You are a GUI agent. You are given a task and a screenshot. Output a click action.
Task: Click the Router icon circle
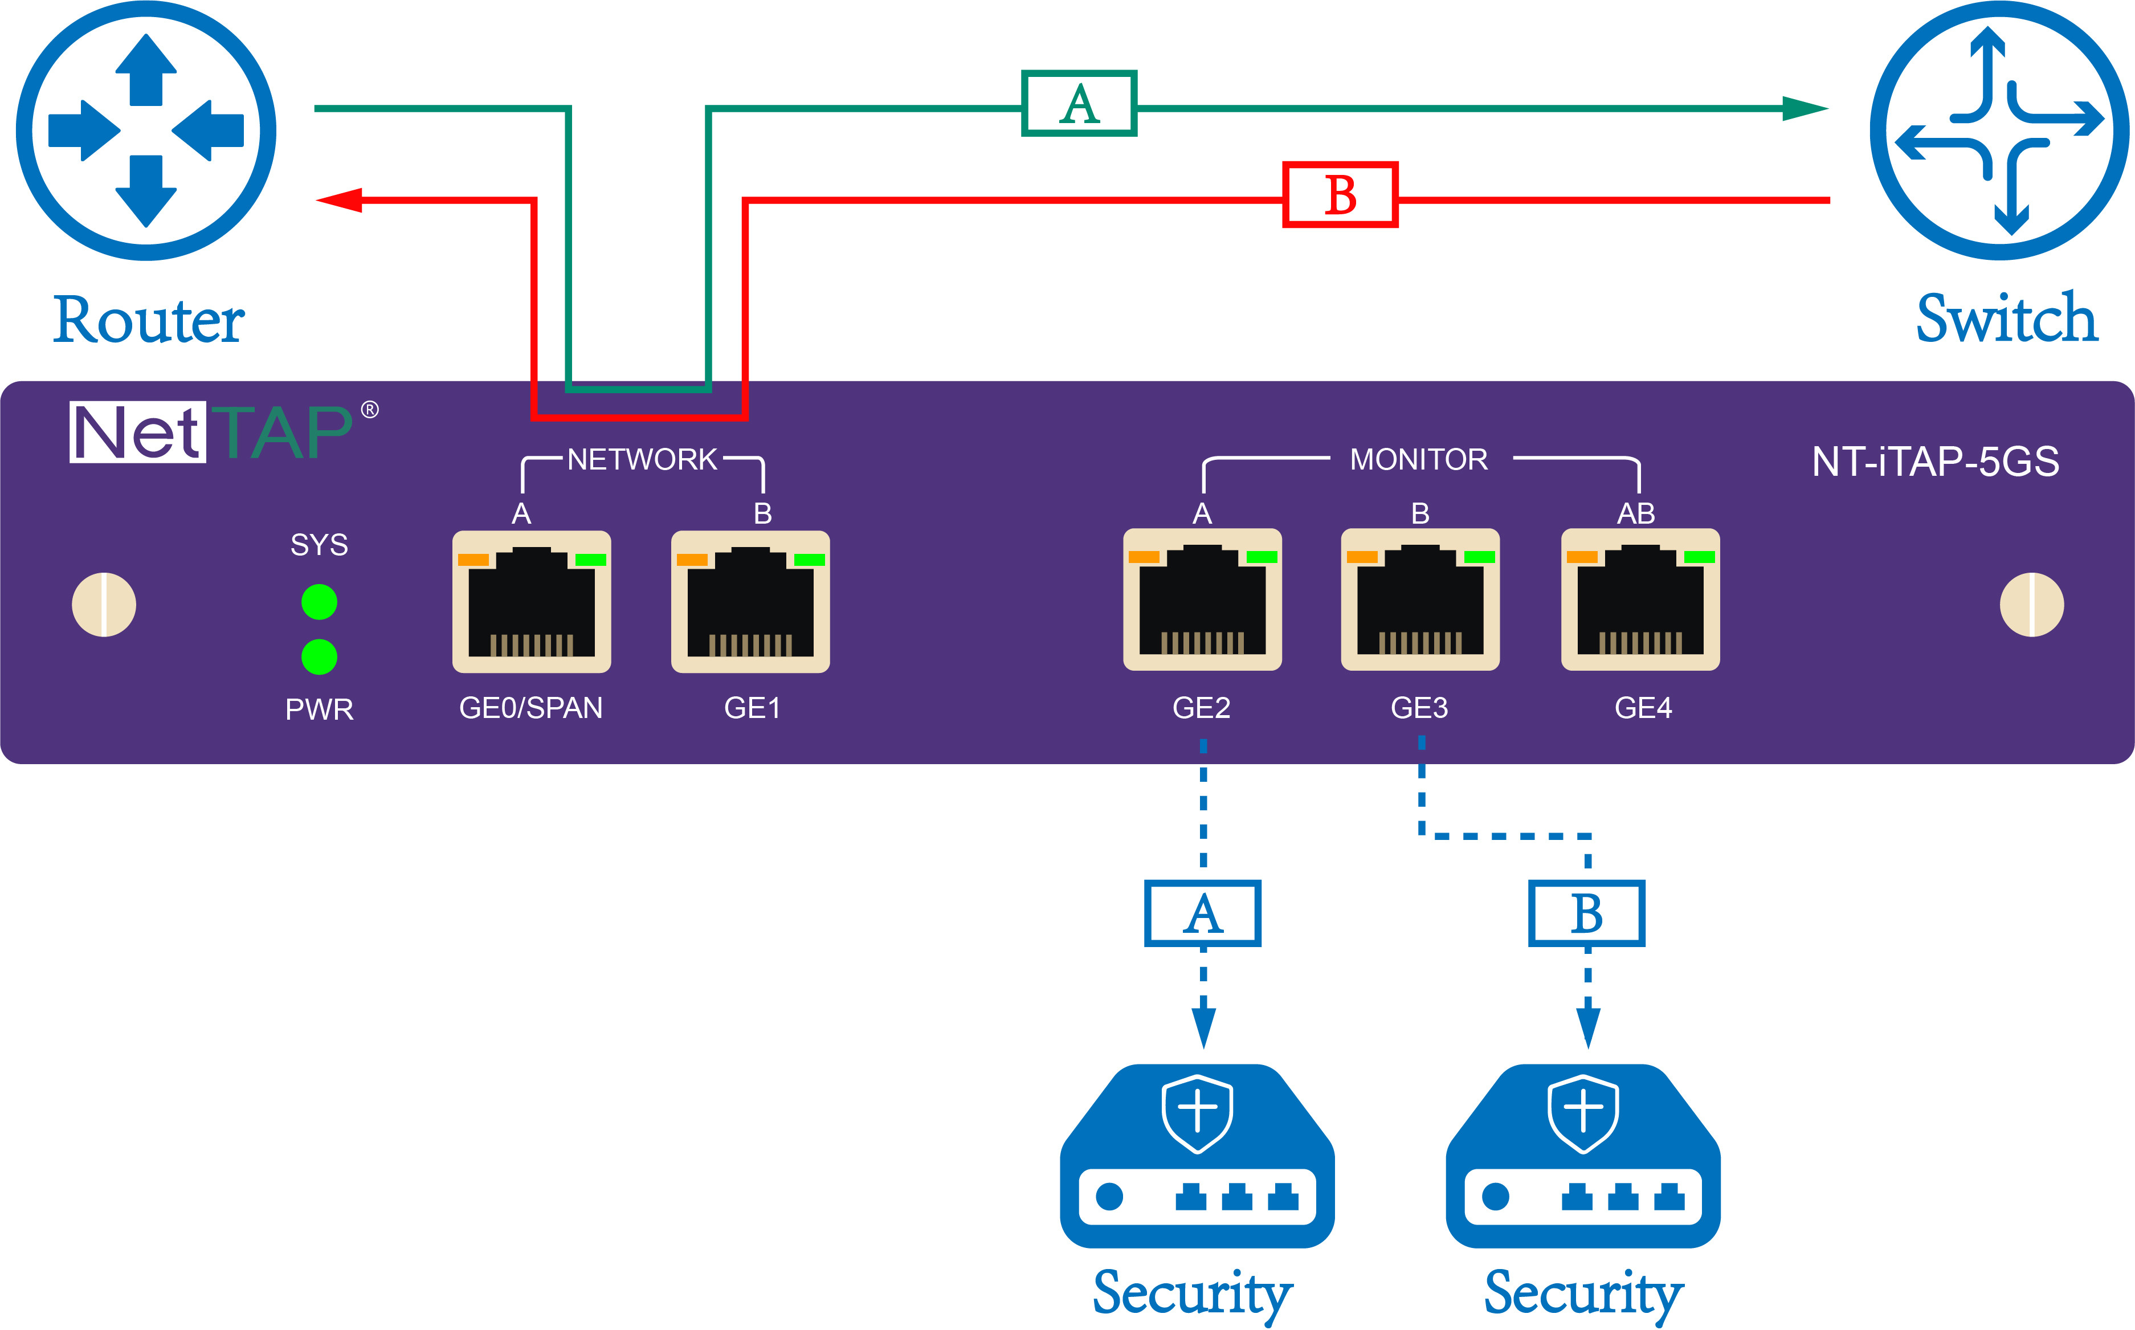tap(146, 130)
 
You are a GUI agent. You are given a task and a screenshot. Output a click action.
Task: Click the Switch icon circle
tap(1999, 130)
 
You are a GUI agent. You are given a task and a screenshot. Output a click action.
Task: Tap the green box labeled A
tap(1079, 104)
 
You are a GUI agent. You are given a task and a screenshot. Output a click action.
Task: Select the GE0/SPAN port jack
tap(531, 602)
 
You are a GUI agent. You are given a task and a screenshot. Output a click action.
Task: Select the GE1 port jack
tap(750, 602)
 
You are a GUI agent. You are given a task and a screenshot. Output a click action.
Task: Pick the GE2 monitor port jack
tap(1202, 600)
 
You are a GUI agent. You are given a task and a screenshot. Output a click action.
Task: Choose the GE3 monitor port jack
tap(1419, 600)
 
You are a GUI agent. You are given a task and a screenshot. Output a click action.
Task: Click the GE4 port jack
tap(1640, 600)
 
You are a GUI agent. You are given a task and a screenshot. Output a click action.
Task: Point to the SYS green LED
tap(319, 602)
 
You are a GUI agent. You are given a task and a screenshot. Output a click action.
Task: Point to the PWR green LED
tap(319, 656)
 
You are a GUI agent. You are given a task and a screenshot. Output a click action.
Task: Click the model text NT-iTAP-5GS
tap(1934, 462)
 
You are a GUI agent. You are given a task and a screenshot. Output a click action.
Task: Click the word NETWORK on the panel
tap(642, 459)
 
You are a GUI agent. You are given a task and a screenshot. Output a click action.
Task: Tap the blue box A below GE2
tap(1202, 913)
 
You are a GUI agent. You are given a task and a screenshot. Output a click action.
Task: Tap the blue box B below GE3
tap(1586, 913)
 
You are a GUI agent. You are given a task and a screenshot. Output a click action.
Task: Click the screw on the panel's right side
tap(2031, 604)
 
